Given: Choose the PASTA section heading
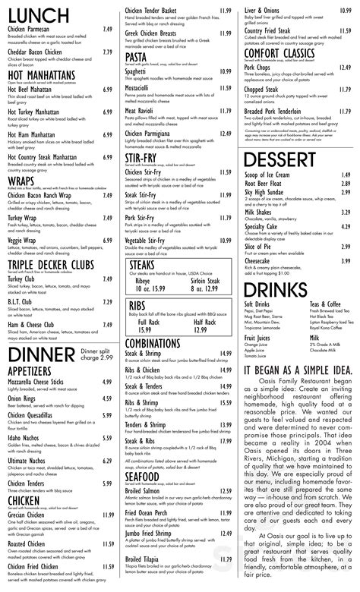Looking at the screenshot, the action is click(x=137, y=56).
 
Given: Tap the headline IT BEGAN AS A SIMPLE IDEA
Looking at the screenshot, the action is click(x=297, y=368).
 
